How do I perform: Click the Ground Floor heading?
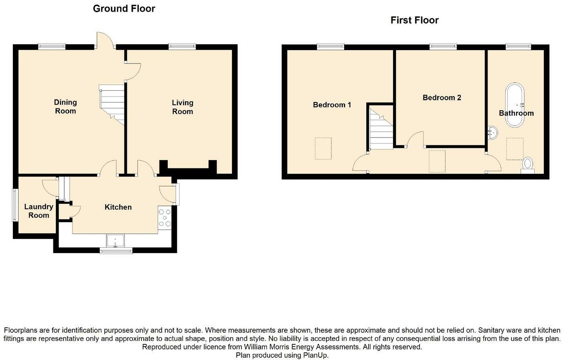coord(124,8)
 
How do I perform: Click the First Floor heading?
coord(414,20)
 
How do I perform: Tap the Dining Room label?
coord(65,107)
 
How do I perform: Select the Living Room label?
coord(182,107)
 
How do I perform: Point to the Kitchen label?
coord(118,207)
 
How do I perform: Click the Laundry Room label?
coord(39,211)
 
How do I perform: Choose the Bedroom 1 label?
coord(332,105)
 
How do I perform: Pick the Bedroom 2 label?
coord(442,98)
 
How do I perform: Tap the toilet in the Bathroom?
coord(528,165)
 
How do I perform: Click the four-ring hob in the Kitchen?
coord(165,218)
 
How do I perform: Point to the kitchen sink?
coord(116,241)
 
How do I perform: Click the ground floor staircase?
coord(112,104)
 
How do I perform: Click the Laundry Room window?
coord(14,205)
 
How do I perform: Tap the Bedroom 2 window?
coord(443,47)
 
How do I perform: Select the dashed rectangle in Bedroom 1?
coord(323,149)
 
